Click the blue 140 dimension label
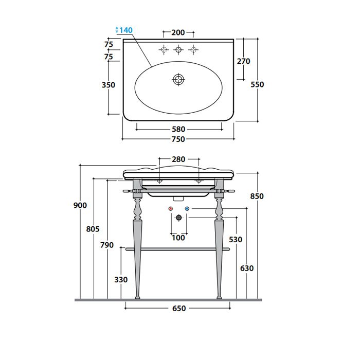click(125, 30)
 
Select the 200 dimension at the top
click(178, 32)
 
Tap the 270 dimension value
click(243, 61)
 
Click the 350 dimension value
click(109, 85)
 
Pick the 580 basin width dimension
click(178, 130)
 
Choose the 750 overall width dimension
click(178, 139)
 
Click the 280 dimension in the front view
click(178, 159)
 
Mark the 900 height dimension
click(80, 205)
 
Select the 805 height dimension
click(93, 229)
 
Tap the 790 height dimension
click(106, 245)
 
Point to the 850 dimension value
click(257, 196)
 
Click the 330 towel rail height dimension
click(120, 280)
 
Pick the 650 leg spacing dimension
click(178, 309)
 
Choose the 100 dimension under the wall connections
click(178, 238)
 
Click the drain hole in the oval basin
click(178, 79)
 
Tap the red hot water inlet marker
click(170, 209)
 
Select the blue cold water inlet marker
click(187, 209)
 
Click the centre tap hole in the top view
click(178, 49)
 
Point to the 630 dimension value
click(247, 268)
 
